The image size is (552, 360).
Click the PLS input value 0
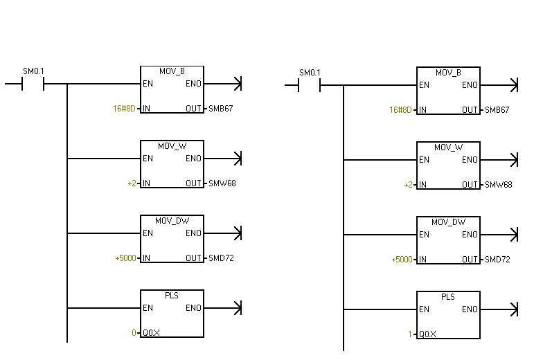point(134,333)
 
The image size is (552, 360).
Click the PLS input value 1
point(410,334)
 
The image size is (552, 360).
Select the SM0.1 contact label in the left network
point(33,71)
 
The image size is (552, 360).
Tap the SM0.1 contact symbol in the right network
point(310,85)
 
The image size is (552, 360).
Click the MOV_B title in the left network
point(172,71)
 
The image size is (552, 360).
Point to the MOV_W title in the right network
point(449,147)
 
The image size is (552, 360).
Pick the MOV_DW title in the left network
point(172,221)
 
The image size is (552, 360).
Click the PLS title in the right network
point(448,297)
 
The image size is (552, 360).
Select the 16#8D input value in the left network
point(124,109)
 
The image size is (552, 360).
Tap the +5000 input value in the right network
point(402,260)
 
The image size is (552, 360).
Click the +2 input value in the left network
point(132,183)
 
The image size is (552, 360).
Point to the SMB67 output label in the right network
point(497,110)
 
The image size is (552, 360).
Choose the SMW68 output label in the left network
point(222,183)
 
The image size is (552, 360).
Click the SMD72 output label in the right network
point(497,260)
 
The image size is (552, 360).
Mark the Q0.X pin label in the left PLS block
point(151,333)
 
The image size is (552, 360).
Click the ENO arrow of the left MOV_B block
point(223,84)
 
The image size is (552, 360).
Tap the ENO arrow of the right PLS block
point(499,309)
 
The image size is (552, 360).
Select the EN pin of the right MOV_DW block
point(424,235)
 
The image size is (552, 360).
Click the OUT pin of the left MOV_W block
point(194,183)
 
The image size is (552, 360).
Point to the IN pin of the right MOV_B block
point(422,110)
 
